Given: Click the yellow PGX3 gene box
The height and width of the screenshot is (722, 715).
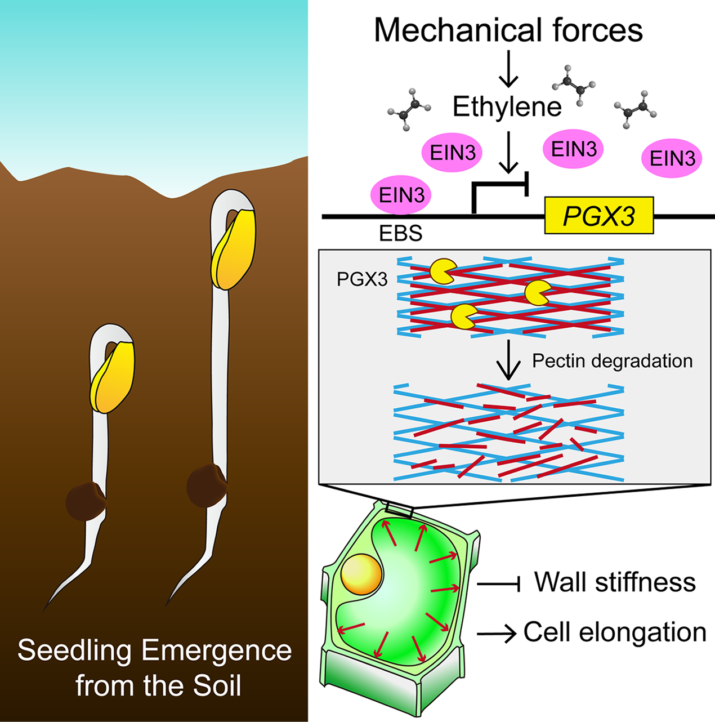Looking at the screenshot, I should (x=599, y=216).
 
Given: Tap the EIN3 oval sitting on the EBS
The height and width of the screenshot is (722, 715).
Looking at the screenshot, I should (x=401, y=195).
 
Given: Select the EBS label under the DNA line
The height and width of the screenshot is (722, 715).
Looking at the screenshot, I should (x=400, y=233).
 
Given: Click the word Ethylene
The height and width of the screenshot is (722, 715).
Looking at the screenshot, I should (x=507, y=107).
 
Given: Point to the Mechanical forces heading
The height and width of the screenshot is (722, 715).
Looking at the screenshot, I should (x=508, y=30).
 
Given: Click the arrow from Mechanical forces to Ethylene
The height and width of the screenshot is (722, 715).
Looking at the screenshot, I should (x=508, y=69).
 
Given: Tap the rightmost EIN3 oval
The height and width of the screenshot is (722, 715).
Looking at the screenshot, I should (x=672, y=158).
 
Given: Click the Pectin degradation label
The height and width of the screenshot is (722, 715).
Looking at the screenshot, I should (x=613, y=360).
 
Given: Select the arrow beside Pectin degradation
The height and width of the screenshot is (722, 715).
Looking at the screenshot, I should (x=509, y=360).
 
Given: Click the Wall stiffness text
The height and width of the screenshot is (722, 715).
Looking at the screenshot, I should (x=615, y=582).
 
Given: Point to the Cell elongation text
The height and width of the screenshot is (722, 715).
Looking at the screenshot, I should (x=615, y=632).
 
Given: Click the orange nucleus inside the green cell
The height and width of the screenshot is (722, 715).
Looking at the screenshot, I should (x=361, y=574).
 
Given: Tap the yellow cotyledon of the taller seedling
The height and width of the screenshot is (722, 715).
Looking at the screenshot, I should (x=234, y=248).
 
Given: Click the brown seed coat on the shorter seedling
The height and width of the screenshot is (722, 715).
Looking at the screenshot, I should (x=86, y=501).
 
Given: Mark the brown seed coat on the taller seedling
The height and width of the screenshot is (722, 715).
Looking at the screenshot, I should (x=207, y=485).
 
